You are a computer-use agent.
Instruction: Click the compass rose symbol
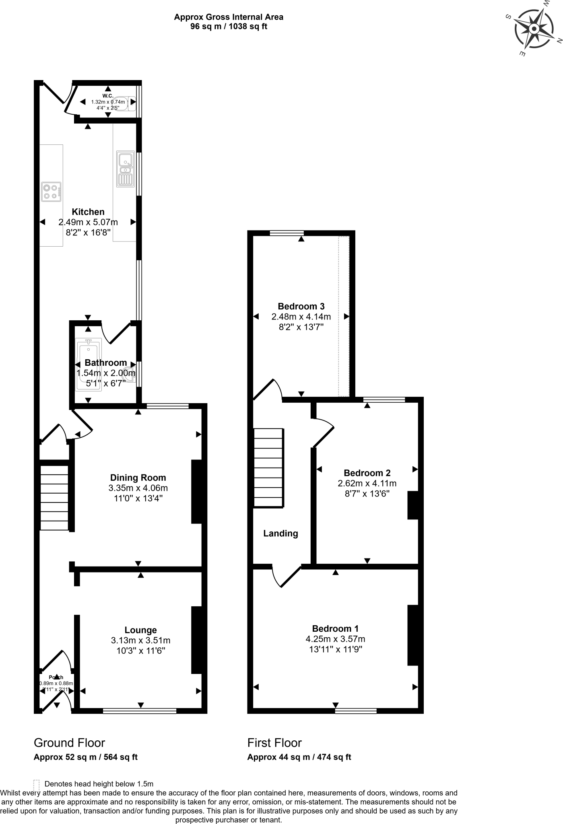pos(534,29)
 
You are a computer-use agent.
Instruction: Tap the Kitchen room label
pos(88,212)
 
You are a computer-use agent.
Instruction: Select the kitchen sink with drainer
pos(125,169)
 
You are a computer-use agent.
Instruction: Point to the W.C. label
pos(107,96)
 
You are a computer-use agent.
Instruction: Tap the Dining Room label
pos(138,478)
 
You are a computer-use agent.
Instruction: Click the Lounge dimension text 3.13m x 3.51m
pos(140,640)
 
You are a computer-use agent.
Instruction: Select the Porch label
pos(56,678)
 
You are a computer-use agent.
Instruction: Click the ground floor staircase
pos(54,498)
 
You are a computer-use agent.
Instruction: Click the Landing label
pos(280,534)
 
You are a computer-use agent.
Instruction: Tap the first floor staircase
pos(268,467)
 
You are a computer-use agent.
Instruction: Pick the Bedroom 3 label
pos(301,306)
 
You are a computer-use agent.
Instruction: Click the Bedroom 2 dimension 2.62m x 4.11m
pos(367,483)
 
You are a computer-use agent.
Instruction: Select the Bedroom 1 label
pos(335,628)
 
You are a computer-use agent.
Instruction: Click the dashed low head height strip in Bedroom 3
pos(344,316)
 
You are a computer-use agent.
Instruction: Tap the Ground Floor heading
pos(69,743)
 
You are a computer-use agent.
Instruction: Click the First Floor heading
pos(274,743)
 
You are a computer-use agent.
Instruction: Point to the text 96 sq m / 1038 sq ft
pos(229,27)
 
